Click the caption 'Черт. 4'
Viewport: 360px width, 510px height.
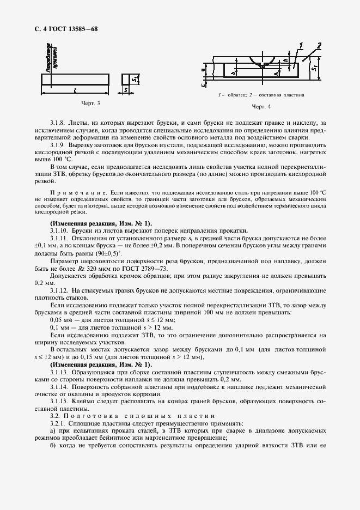[x=261, y=106]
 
